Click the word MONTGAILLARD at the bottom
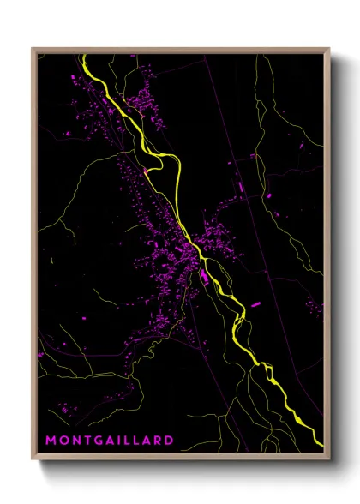tap(109, 441)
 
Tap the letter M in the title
tap(51, 441)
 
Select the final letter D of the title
tap(169, 441)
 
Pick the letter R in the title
tap(158, 441)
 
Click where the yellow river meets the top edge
tap(84, 56)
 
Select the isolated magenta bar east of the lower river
tap(255, 303)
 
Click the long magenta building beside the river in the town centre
tap(205, 279)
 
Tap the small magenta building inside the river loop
tap(147, 171)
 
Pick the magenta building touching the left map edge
tap(40, 353)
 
